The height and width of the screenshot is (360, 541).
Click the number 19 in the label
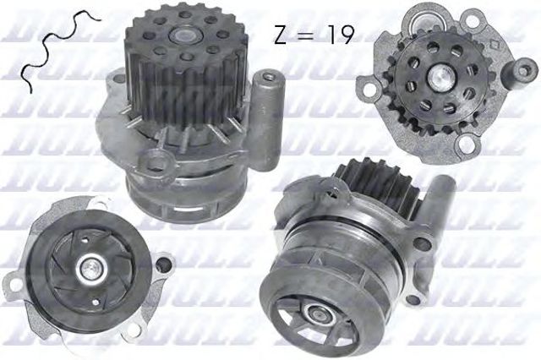point(336,33)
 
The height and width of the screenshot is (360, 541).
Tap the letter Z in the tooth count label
point(281,33)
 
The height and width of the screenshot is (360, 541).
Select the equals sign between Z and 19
point(307,35)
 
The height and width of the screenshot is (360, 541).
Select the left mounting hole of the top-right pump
point(365,85)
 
